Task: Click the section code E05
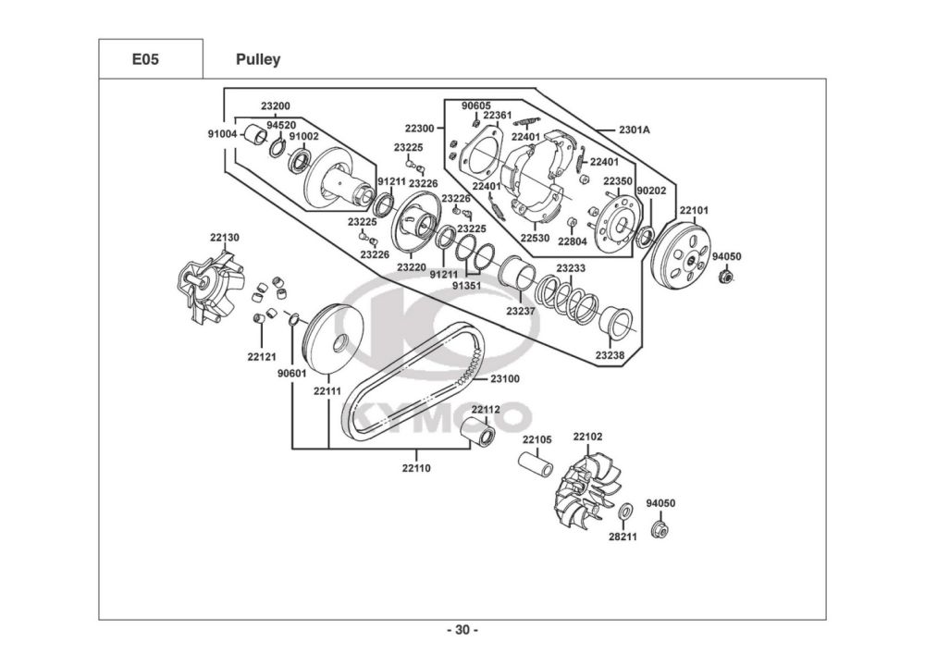(145, 59)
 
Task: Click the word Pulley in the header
(258, 59)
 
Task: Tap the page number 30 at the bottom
(462, 630)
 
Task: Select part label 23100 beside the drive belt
(505, 378)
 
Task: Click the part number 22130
(225, 238)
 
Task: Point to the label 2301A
(635, 130)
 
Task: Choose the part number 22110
(416, 468)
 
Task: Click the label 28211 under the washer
(623, 537)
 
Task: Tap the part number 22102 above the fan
(588, 437)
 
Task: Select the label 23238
(610, 355)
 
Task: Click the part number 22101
(695, 211)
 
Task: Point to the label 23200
(276, 106)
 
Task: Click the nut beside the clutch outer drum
(725, 276)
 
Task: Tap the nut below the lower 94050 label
(659, 528)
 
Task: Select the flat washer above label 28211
(625, 512)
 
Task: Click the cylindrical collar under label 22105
(536, 464)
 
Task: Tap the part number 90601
(292, 374)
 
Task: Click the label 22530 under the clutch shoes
(535, 239)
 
